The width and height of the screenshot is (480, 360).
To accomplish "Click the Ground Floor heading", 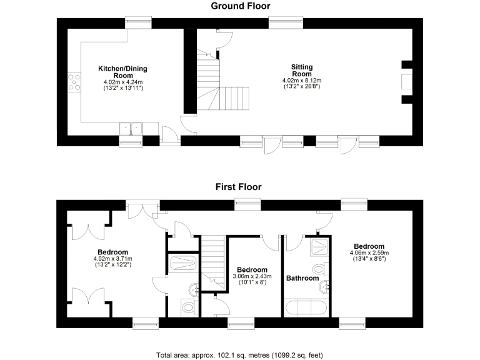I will (240, 6).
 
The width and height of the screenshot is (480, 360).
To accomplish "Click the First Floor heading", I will (238, 186).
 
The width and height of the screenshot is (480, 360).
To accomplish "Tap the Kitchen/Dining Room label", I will (122, 72).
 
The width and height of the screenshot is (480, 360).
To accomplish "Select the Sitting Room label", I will (301, 70).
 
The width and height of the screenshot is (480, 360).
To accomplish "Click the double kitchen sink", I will (131, 128).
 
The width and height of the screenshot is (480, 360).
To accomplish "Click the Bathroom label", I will (302, 278).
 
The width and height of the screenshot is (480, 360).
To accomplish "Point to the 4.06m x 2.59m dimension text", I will (369, 253).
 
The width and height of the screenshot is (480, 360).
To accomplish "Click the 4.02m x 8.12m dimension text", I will (301, 81).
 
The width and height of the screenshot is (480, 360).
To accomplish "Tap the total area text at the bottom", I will (239, 355).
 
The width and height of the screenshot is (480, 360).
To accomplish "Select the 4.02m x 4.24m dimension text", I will (122, 82).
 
